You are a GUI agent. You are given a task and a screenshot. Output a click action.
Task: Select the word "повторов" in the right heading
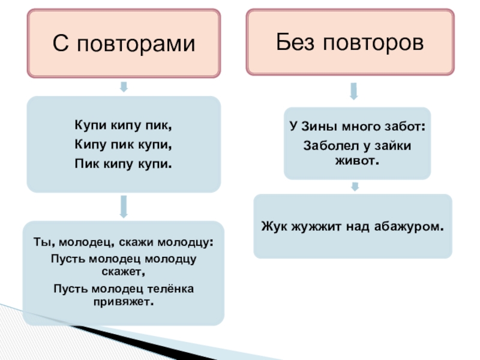click(x=374, y=42)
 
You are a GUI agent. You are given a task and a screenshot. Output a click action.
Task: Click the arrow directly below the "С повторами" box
click(x=124, y=87)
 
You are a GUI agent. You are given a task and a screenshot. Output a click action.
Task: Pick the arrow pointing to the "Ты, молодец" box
click(x=124, y=206)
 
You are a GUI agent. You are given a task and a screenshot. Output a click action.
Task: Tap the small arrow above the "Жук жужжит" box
click(x=355, y=187)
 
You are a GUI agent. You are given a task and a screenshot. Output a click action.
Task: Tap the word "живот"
click(x=358, y=162)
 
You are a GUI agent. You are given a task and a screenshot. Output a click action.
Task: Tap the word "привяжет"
click(x=124, y=302)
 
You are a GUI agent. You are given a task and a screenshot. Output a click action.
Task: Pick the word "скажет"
click(x=124, y=272)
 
